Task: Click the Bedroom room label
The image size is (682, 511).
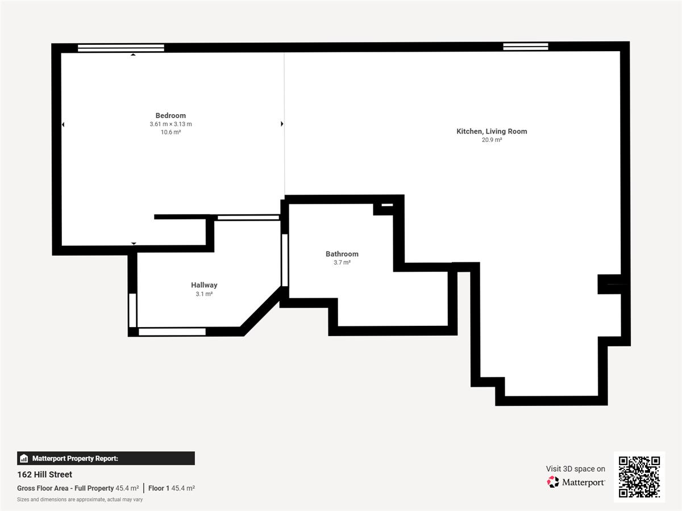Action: point(170,115)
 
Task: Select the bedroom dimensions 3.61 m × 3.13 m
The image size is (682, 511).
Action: point(170,124)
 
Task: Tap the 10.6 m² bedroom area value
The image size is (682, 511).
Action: point(170,132)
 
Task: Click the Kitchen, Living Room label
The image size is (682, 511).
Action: point(492,131)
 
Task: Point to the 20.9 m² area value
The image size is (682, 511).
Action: point(492,140)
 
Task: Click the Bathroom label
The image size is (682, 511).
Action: point(342,254)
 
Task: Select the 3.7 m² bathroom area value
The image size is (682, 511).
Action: point(342,262)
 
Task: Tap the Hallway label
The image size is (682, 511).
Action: point(204,285)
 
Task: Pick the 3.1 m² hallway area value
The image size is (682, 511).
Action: point(204,294)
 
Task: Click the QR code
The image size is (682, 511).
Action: point(639,477)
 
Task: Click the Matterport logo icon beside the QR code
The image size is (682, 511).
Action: point(553,482)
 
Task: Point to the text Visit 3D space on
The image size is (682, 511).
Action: point(575,469)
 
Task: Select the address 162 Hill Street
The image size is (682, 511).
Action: point(44,475)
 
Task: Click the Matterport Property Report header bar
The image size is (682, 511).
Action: point(106,458)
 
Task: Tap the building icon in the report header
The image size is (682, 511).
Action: point(24,458)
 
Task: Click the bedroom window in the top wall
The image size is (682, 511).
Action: point(121,48)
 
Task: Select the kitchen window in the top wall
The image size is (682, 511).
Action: point(525,47)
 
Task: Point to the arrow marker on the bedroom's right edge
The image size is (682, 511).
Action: point(282,124)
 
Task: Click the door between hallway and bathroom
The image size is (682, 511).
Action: point(285,260)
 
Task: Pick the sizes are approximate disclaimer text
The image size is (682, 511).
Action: point(80,500)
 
